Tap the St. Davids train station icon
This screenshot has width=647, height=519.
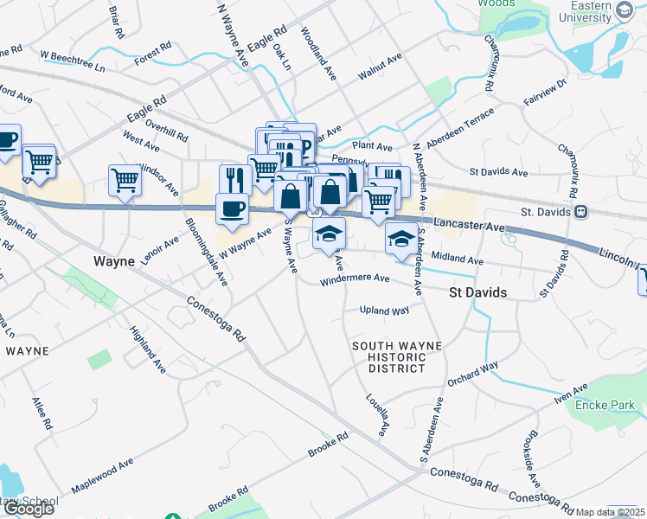pos(582,211)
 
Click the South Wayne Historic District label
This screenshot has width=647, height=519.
pos(397,356)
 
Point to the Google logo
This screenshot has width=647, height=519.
pos(28,509)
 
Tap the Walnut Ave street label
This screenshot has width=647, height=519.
pos(380,67)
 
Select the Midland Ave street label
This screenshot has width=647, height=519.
pos(457,258)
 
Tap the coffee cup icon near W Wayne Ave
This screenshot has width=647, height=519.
pos(232,208)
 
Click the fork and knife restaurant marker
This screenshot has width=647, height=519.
pos(235,179)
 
